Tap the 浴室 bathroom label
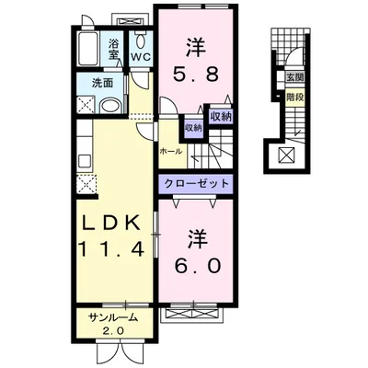[115, 49]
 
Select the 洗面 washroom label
[101, 83]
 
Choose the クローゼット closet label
[198, 183]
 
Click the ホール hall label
[170, 150]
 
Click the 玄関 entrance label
[294, 77]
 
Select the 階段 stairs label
[294, 94]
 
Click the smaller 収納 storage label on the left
[192, 127]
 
